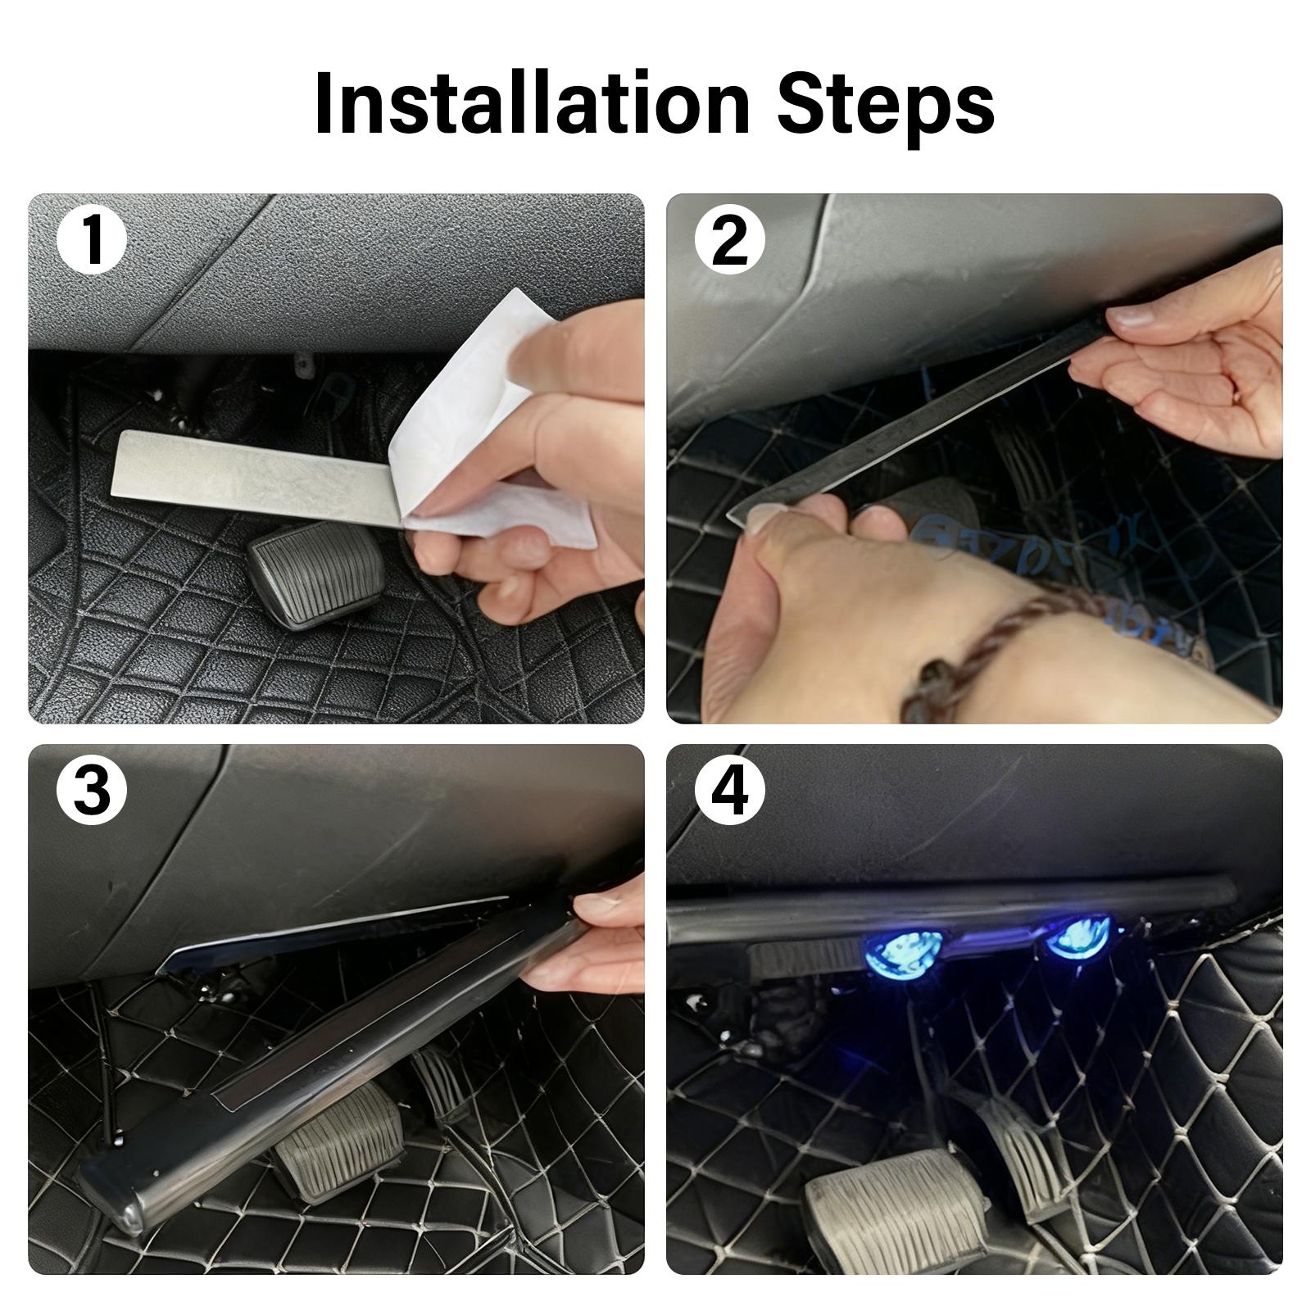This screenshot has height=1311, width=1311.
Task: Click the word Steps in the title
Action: (885, 104)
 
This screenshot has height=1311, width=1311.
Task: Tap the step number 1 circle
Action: (92, 240)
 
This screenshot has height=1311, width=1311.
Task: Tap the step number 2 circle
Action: (729, 240)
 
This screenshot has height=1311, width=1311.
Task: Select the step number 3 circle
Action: (92, 790)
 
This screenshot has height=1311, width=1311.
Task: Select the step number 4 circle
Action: (729, 790)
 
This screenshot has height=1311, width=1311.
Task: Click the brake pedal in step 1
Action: (316, 573)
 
